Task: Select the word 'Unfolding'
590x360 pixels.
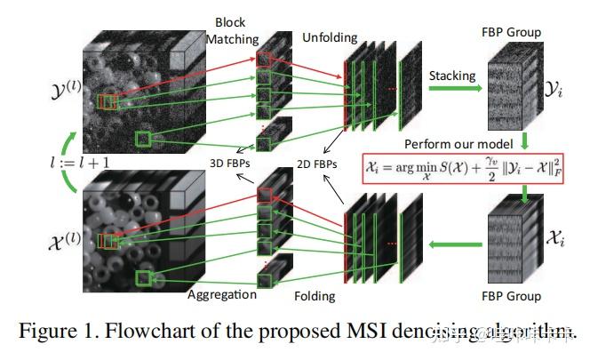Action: [330, 39]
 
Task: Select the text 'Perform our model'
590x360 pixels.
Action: [458, 143]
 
